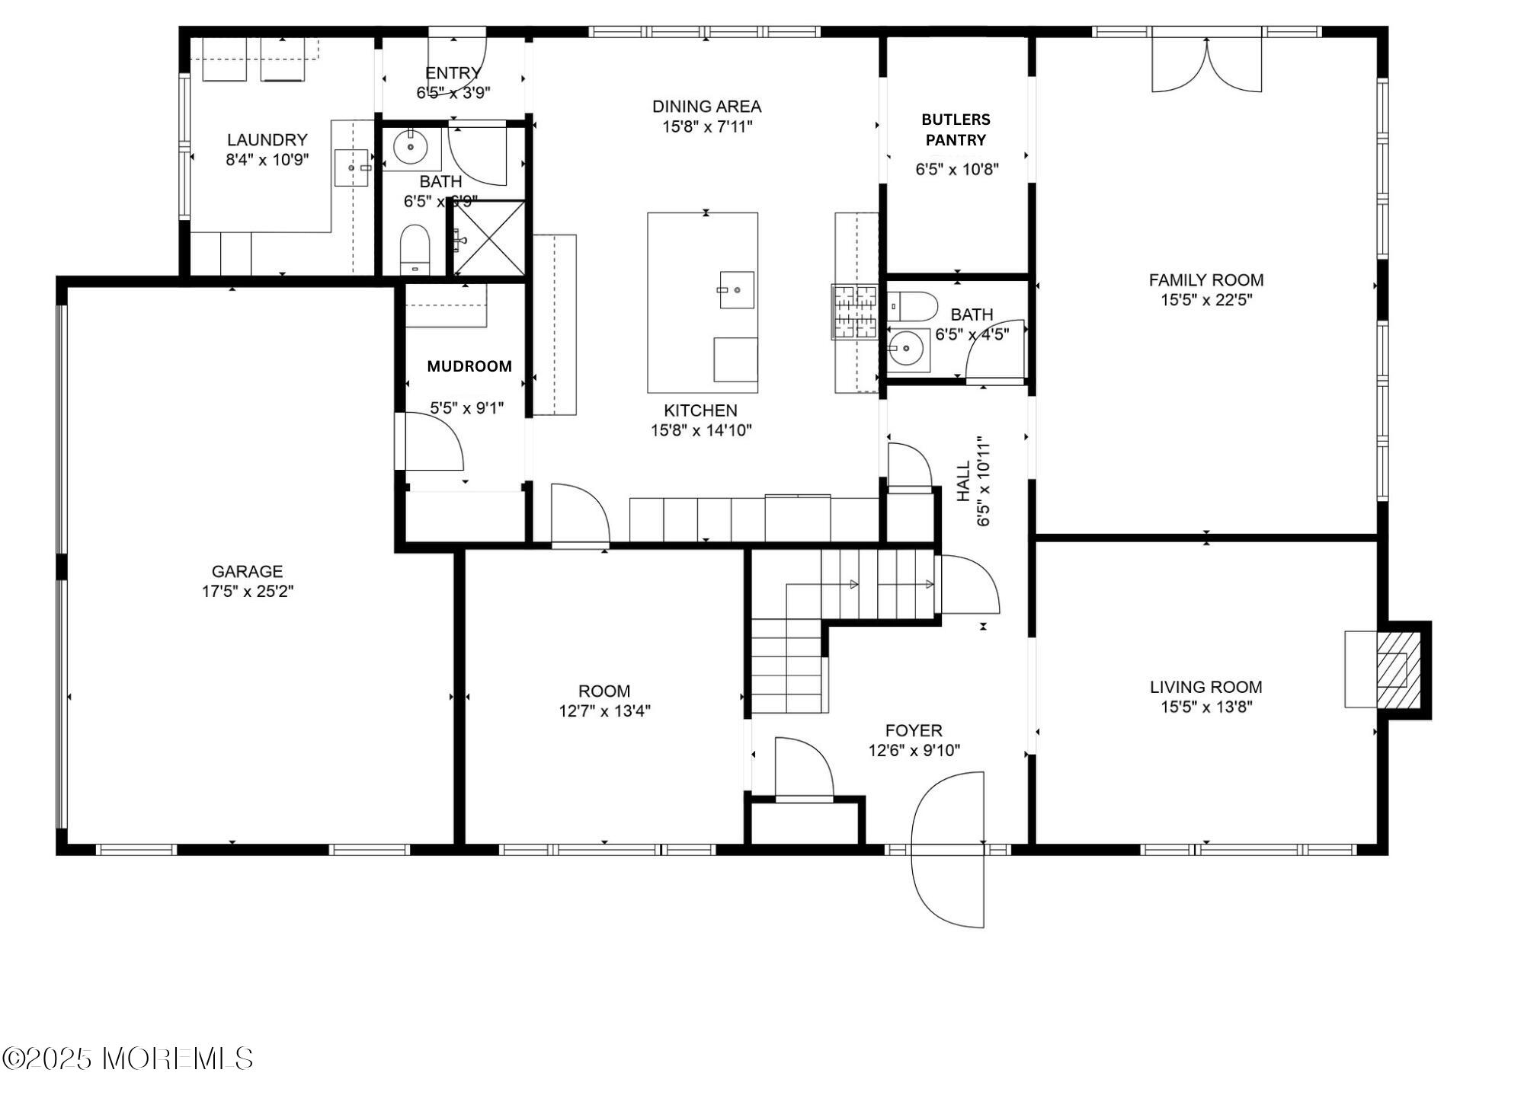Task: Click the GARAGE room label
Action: [x=247, y=571]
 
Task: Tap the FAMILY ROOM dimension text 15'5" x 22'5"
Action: [x=1206, y=300]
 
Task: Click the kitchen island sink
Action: [x=737, y=290]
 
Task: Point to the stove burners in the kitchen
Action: [x=854, y=311]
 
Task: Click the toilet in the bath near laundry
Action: [x=415, y=249]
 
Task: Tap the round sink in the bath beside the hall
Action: [x=907, y=350]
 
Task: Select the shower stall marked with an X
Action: [x=489, y=238]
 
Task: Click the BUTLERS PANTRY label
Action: [x=956, y=129]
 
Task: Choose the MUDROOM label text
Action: [x=469, y=366]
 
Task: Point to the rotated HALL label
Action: [x=963, y=481]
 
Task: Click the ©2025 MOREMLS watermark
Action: [x=127, y=1059]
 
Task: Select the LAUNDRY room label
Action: [x=267, y=140]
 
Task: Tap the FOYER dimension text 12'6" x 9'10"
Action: [x=914, y=751]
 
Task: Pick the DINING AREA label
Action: [x=707, y=107]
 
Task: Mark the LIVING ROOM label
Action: [x=1206, y=687]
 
